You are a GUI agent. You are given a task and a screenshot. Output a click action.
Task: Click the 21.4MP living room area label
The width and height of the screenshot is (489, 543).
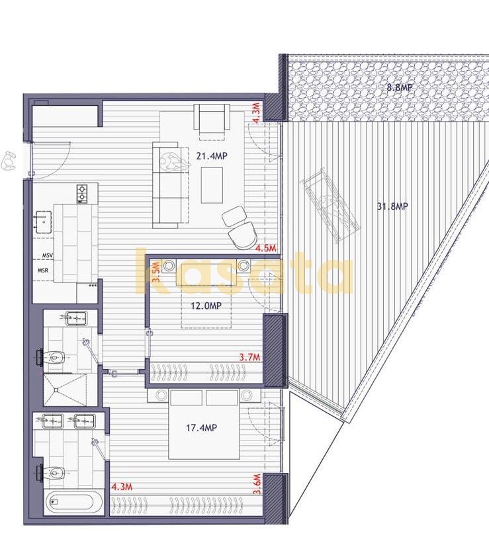pos(212,156)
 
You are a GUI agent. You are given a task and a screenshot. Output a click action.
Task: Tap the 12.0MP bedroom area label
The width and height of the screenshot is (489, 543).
pos(206,306)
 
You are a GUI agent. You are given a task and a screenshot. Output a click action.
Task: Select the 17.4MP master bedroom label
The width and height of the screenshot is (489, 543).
pos(201,428)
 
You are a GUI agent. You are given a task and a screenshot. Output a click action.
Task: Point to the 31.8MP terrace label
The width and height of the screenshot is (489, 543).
pos(392,206)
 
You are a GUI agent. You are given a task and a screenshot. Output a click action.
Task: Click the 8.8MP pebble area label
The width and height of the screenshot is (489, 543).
pos(400,87)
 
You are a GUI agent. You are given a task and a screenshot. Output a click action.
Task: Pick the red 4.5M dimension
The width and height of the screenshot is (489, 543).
pos(266,248)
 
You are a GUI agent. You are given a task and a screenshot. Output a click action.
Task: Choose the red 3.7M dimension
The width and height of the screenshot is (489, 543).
pos(249,356)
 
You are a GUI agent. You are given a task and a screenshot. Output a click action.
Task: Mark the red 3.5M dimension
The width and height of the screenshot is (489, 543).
pos(156,272)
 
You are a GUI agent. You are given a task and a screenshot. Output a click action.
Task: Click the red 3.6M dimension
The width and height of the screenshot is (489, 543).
pos(257,485)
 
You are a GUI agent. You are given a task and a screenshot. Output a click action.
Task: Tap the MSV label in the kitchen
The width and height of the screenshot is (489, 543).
pos(48,255)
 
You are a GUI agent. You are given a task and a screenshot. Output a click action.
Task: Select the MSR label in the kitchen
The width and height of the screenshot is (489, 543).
pos(43,271)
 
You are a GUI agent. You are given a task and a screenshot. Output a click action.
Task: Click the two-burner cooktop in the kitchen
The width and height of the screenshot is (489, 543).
pos(82,194)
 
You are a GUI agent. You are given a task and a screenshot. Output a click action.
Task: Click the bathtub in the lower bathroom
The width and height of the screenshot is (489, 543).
pos(73,503)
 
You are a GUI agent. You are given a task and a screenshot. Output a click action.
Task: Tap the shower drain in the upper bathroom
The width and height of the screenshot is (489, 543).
pos(56,390)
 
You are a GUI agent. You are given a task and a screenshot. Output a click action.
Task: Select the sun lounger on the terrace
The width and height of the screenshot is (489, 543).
pos(330,206)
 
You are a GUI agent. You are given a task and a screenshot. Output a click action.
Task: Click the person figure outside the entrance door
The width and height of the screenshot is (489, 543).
pos(9,161)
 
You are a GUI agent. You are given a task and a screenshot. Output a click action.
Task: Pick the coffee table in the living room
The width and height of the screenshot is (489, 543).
pos(212,185)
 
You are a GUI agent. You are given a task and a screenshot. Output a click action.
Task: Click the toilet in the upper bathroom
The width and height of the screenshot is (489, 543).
pos(52,356)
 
